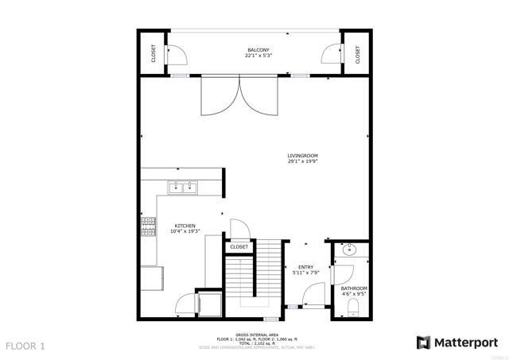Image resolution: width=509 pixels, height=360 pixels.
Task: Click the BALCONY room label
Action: [259, 50]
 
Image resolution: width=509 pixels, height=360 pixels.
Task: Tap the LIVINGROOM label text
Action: [303, 155]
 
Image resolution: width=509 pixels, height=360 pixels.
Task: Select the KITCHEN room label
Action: [185, 226]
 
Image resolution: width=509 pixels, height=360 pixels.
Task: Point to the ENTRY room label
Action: [306, 267]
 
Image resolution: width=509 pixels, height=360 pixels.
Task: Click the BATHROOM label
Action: [354, 288]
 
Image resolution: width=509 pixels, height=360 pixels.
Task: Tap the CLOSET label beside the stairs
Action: [239, 247]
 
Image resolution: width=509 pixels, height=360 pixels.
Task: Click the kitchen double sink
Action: [184, 188]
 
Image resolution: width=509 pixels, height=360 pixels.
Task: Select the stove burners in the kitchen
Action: [148, 228]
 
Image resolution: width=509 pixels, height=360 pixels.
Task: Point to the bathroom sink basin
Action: [351, 251]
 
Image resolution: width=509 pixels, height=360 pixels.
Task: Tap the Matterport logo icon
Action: [424, 343]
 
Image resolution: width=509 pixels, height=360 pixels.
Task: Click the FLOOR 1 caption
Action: [26, 346]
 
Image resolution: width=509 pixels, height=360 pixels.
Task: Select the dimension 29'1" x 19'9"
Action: [303, 161]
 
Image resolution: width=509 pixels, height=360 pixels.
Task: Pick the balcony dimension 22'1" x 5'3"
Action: [259, 56]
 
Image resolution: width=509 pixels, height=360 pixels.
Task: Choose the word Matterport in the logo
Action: [466, 343]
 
